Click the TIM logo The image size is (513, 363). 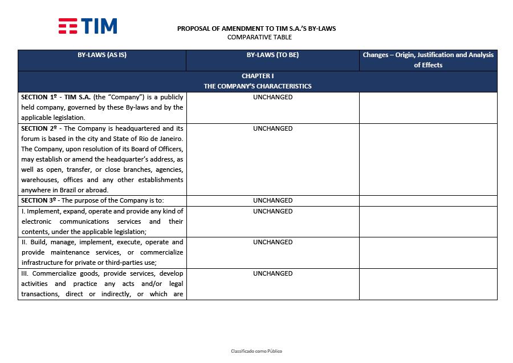tap(88, 26)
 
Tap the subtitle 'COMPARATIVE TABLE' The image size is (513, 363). tap(259, 37)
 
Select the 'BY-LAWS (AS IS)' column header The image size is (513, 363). tap(102, 55)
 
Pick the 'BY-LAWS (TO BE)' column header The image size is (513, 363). tap(272, 55)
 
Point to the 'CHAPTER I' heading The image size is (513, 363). tap(258, 76)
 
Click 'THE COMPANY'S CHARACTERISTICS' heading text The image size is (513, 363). tap(258, 86)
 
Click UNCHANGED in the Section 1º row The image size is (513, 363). tap(272, 97)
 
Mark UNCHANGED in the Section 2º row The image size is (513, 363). tap(272, 128)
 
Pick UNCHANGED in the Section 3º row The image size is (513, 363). tap(272, 200)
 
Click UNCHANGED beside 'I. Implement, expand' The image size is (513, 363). tap(272, 211)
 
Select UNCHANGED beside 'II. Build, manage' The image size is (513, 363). tap(272, 242)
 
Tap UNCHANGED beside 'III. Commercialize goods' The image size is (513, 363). tap(272, 273)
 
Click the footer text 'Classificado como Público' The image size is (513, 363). tap(256, 351)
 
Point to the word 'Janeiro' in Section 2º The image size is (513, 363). tap(171, 139)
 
